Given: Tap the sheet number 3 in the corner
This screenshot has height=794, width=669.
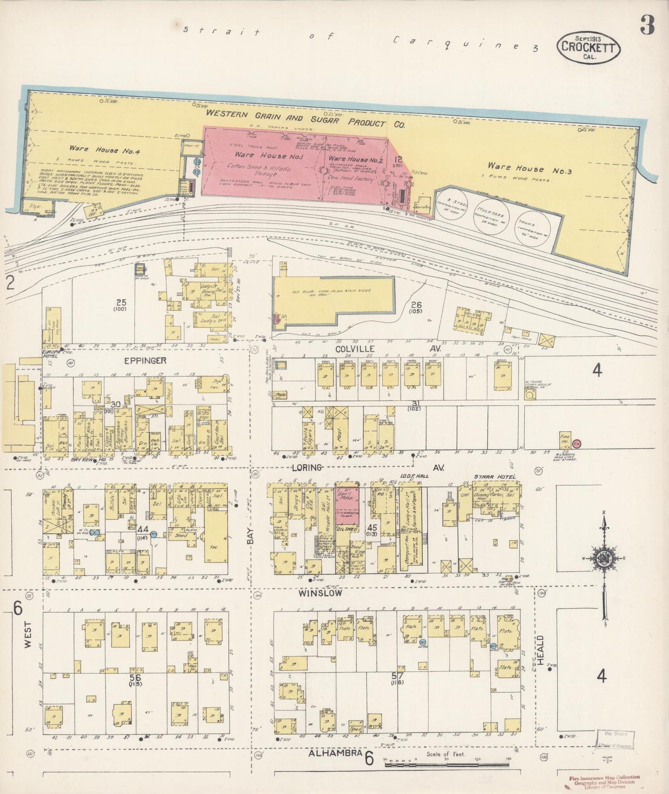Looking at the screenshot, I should [x=647, y=26].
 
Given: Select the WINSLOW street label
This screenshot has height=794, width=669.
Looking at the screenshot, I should [x=320, y=592].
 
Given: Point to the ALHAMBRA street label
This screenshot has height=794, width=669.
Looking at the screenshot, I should [x=335, y=755].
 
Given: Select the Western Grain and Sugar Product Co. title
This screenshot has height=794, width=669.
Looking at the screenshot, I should [x=306, y=119].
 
